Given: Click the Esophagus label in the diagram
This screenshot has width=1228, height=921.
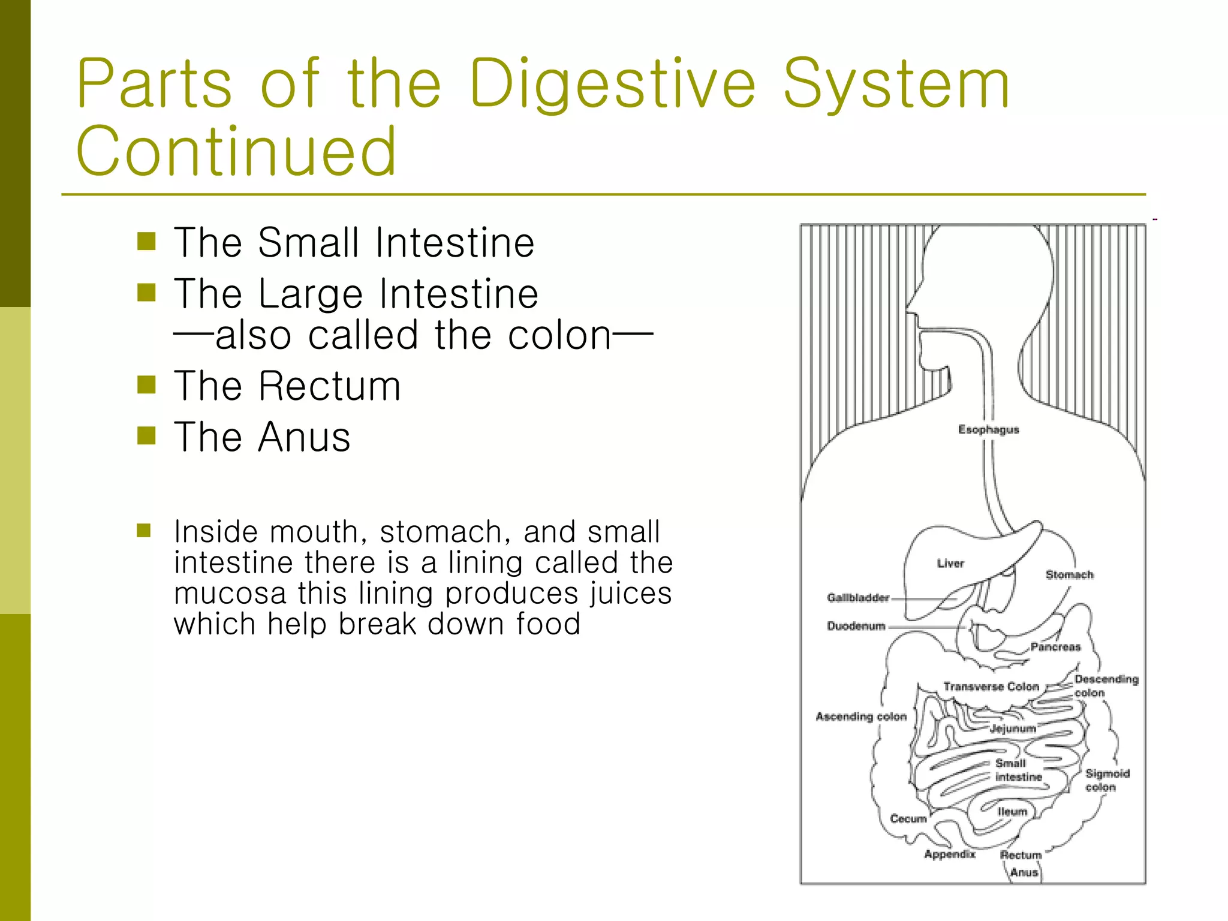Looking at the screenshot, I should click(x=988, y=429).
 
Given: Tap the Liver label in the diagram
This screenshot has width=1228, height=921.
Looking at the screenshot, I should click(x=950, y=564).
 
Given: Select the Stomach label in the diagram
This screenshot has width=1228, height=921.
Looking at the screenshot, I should click(x=1069, y=574).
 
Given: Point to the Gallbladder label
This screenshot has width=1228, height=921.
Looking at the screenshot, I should click(x=857, y=597).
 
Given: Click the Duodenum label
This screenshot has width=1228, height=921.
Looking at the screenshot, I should click(x=856, y=626).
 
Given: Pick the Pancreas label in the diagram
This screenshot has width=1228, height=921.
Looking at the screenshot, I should click(x=1055, y=646).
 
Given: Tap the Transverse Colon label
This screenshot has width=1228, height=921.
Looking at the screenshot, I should click(x=991, y=687).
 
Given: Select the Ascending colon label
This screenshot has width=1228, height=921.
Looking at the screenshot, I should click(x=861, y=716).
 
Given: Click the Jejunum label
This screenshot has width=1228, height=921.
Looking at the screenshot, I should click(x=1012, y=729).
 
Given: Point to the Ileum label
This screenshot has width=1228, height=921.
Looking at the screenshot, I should click(x=1012, y=811).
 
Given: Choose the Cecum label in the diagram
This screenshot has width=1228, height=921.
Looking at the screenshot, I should click(x=908, y=818).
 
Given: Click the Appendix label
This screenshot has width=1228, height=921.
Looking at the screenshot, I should click(x=950, y=854).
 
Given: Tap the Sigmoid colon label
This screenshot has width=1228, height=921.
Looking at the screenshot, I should click(x=1107, y=780).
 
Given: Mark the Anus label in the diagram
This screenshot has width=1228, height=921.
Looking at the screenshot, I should click(x=1024, y=872).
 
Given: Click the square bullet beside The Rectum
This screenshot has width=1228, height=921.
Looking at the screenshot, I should click(x=146, y=384).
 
